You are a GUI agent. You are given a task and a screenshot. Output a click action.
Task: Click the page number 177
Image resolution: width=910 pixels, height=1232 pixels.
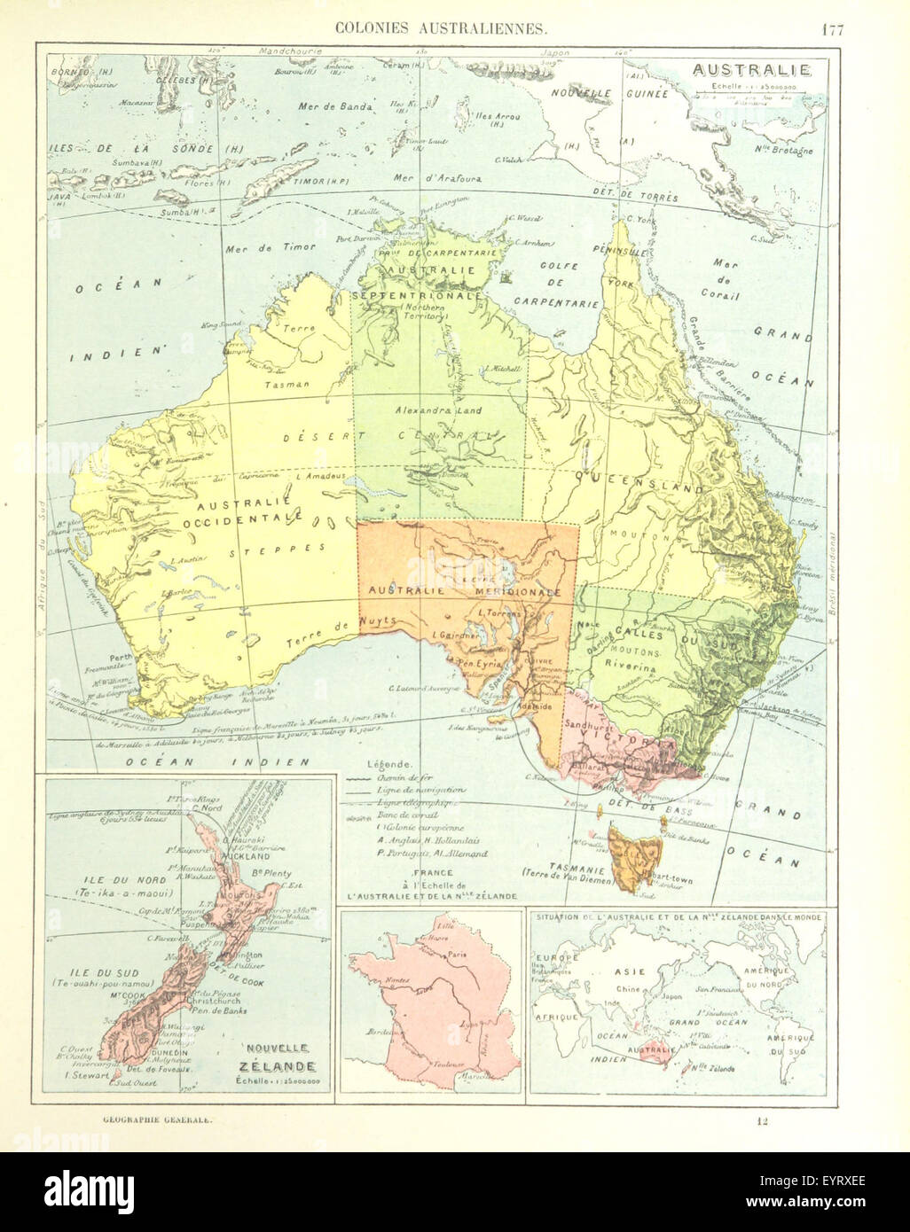[x=831, y=28]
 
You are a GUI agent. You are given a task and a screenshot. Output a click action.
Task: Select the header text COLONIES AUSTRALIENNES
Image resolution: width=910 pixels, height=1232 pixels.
[x=440, y=28]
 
